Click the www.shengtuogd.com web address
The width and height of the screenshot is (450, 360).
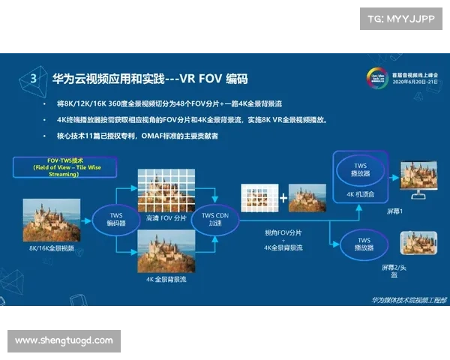tap(64, 340)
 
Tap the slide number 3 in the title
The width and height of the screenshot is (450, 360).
tap(32, 78)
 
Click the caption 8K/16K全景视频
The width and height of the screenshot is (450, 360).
tap(51, 247)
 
